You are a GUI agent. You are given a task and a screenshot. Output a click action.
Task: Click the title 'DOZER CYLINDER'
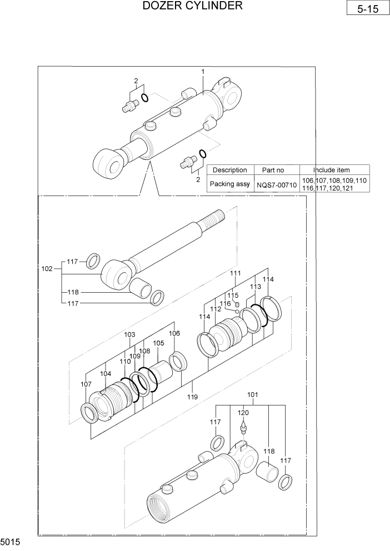click(x=192, y=6)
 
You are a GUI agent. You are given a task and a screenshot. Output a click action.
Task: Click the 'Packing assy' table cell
click(x=229, y=184)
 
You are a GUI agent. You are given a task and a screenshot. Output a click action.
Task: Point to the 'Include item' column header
click(x=334, y=170)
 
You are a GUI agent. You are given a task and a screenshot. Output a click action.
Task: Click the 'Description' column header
click(x=229, y=170)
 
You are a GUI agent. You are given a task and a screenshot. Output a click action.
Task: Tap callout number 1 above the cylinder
click(x=203, y=72)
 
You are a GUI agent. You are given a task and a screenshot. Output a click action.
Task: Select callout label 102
click(x=47, y=269)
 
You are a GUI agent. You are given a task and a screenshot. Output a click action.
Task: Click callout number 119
click(x=192, y=397)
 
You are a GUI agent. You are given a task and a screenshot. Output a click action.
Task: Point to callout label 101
click(x=252, y=395)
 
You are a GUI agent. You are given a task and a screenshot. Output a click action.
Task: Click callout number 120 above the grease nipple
click(x=243, y=413)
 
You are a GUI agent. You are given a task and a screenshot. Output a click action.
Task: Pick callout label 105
click(x=158, y=343)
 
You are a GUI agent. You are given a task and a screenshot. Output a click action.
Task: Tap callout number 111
click(x=236, y=273)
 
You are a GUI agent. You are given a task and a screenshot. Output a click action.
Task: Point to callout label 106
click(x=174, y=333)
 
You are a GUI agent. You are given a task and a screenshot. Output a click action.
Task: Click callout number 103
click(x=129, y=334)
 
